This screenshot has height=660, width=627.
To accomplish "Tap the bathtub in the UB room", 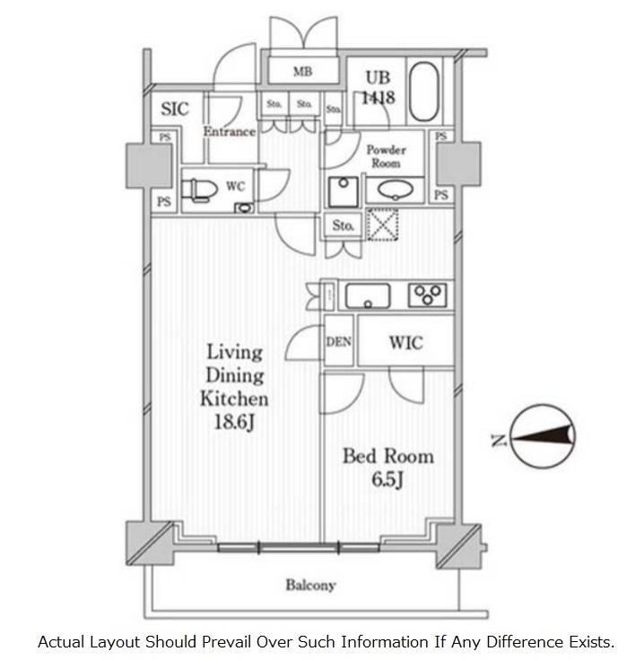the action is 424,92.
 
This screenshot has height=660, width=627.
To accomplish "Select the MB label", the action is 303,72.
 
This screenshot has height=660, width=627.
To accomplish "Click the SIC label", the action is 175,109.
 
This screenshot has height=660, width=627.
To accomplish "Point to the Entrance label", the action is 230,132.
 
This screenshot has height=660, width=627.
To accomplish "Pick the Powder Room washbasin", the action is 395,189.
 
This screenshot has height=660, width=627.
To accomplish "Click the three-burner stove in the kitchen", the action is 427,295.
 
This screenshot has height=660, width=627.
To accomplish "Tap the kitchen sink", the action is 368,296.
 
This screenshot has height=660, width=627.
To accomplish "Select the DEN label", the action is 338,342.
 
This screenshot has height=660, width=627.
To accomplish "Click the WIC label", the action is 405,343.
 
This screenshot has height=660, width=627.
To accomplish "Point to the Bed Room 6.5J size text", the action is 388,480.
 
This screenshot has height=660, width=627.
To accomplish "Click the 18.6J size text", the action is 234,422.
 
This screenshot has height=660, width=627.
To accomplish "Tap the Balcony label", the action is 310,585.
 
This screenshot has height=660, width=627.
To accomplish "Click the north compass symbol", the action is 543,436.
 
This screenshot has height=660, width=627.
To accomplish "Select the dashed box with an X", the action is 382,224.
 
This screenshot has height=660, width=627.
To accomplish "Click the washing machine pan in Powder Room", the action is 344,192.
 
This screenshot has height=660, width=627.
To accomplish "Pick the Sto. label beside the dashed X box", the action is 343,225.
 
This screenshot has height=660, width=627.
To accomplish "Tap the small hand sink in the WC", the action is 244,207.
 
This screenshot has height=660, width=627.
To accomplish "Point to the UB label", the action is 378,78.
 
